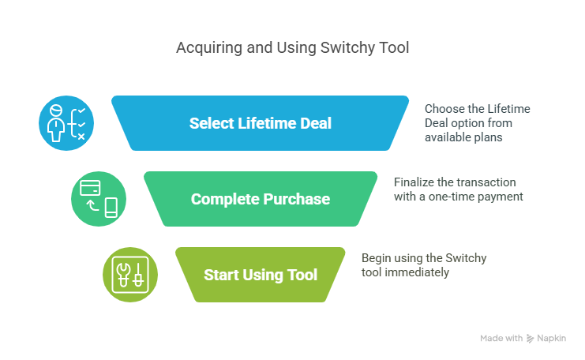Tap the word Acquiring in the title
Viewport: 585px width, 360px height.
click(209, 48)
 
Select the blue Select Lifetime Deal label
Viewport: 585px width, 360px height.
click(260, 123)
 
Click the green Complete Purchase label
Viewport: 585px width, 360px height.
click(260, 199)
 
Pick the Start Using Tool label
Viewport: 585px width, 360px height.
click(260, 275)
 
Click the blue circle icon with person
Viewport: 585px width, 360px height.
click(66, 123)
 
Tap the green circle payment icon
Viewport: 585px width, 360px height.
click(99, 199)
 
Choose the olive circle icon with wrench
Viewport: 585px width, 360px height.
click(130, 275)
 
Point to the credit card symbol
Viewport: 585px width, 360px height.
click(90, 188)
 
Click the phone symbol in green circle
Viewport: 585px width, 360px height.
click(111, 208)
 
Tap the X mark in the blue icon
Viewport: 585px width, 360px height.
click(81, 137)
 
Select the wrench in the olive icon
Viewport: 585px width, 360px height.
click(123, 275)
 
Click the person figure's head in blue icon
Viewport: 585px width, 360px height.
click(56, 111)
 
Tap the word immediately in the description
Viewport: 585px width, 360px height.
click(417, 272)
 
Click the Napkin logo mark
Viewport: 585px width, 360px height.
click(530, 339)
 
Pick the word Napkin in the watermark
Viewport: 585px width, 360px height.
click(551, 339)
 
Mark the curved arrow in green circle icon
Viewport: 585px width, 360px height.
click(92, 205)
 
